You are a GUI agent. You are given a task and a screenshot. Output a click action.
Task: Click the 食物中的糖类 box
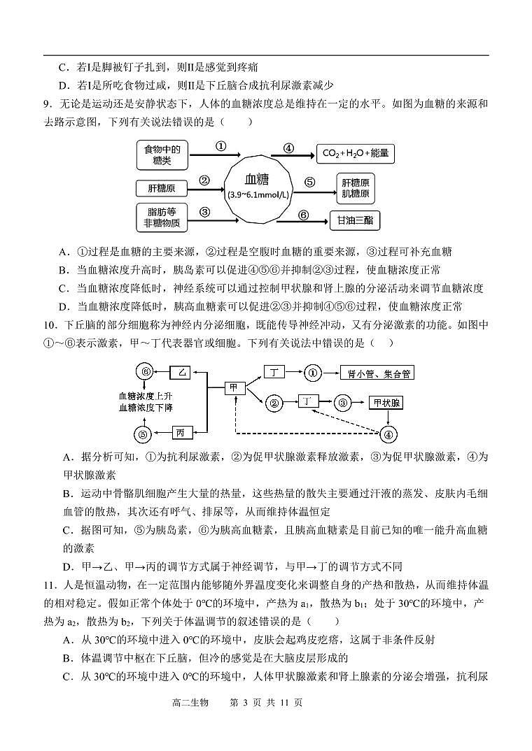162,155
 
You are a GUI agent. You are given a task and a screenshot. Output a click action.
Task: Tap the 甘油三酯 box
355,221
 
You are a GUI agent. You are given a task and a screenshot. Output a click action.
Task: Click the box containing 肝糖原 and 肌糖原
356,187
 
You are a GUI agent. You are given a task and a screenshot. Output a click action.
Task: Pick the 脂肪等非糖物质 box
162,217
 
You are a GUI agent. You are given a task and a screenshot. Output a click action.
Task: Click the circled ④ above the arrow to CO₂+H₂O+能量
288,148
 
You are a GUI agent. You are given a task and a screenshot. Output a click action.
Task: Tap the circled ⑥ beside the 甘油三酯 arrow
302,215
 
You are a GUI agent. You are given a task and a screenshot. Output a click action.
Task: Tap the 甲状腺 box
386,403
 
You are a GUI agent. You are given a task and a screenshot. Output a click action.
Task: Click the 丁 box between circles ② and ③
309,401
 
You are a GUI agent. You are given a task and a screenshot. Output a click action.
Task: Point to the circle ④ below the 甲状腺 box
387,434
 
